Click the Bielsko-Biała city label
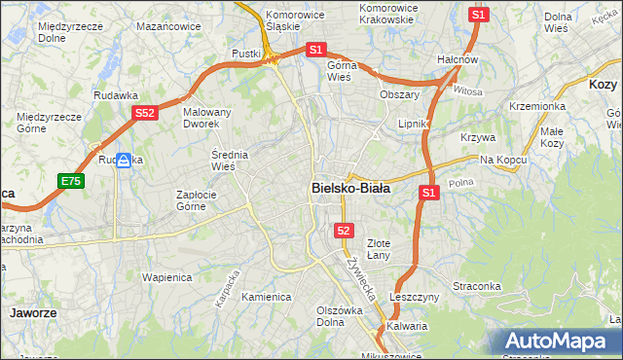350,188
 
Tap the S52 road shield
145,113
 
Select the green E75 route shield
70,181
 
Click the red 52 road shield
344,230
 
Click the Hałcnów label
458,59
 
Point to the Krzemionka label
537,106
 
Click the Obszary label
399,95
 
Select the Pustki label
247,54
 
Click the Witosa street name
467,90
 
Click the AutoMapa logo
558,342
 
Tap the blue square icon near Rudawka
124,161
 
